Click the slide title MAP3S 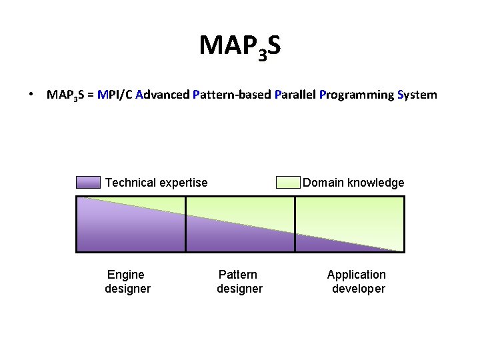pyautogui.click(x=239, y=46)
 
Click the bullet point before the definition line pyautogui.click(x=31, y=94)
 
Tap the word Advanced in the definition pyautogui.click(x=162, y=95)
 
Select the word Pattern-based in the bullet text pyautogui.click(x=231, y=95)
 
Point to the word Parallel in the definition pyautogui.click(x=295, y=95)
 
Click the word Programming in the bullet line pyautogui.click(x=356, y=95)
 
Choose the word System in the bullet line pyautogui.click(x=417, y=95)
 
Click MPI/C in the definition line pyautogui.click(x=115, y=95)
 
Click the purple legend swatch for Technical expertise pyautogui.click(x=88, y=183)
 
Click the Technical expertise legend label pyautogui.click(x=157, y=183)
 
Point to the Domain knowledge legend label pyautogui.click(x=353, y=183)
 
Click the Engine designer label pyautogui.click(x=127, y=281)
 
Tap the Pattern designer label pyautogui.click(x=239, y=281)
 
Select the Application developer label pyautogui.click(x=357, y=281)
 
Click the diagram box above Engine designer pyautogui.click(x=131, y=224)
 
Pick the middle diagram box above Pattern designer pyautogui.click(x=240, y=224)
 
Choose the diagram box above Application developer pyautogui.click(x=349, y=224)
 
